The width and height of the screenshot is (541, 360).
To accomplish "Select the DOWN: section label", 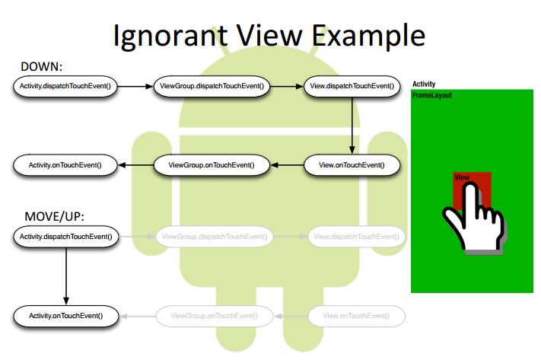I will pos(43,67).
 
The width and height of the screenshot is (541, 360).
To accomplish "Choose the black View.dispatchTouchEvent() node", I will pos(352,87).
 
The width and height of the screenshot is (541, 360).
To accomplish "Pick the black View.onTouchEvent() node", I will pos(352,164).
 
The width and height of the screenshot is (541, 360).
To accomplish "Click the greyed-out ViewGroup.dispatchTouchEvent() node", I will pos(213,237).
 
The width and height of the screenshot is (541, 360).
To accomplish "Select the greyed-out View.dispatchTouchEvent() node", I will pos(355,237).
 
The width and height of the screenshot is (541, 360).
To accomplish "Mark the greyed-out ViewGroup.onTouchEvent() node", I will pos(213,315).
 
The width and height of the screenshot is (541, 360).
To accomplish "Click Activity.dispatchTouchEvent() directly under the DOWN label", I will pos(65,87).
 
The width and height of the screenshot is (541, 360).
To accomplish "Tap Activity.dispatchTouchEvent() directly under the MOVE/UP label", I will pos(65,237).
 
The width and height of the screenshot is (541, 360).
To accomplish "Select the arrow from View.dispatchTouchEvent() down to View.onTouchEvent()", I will pos(352,126).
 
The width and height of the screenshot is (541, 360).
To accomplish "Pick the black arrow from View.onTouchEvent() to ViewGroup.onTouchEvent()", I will pos(288,164).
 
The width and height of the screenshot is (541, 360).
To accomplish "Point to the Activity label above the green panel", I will pos(424,84).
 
